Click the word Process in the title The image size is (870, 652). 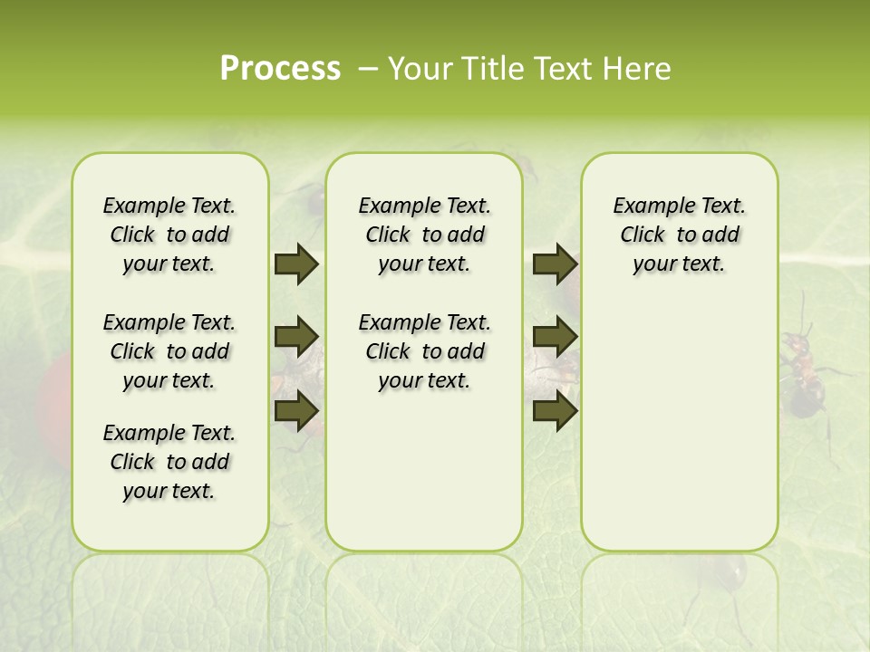[280, 69]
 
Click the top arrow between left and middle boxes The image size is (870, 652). [296, 264]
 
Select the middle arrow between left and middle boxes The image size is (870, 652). [296, 337]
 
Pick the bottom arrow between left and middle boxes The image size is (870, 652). [296, 411]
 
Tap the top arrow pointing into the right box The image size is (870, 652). [555, 264]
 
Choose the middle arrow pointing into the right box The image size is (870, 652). [555, 337]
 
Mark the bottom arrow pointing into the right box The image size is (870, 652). [555, 411]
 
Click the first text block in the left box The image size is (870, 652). [169, 235]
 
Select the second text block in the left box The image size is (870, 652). [169, 351]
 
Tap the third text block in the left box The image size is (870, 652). [169, 462]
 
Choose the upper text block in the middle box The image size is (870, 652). [424, 235]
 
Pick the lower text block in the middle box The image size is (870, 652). [424, 351]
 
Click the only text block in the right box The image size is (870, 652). [679, 235]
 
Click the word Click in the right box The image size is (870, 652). [643, 235]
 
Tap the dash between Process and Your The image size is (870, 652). [367, 69]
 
